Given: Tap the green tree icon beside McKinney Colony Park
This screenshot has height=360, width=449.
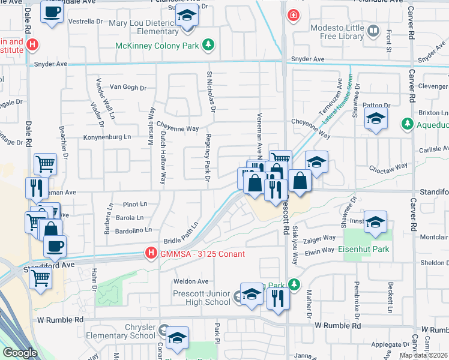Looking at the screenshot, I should point(208,44).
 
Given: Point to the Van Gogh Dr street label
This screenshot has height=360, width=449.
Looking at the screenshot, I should point(123,88).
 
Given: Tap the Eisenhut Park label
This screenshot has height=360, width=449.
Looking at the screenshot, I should point(363,249).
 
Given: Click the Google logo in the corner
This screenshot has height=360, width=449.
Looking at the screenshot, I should point(19,353).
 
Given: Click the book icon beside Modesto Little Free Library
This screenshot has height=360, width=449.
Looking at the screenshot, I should point(373,30).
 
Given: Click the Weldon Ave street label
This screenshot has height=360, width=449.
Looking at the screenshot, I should point(190,281).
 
